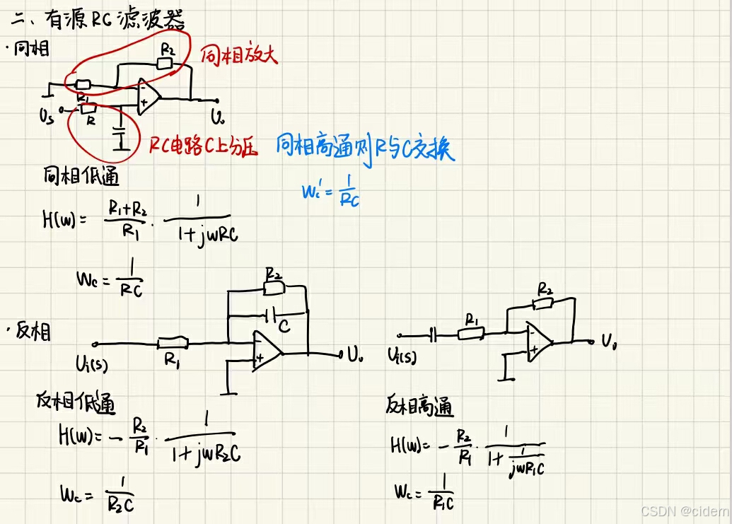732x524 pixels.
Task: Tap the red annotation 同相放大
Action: click(238, 56)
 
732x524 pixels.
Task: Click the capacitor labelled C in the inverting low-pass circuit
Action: click(272, 313)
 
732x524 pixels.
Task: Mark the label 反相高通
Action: click(420, 407)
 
